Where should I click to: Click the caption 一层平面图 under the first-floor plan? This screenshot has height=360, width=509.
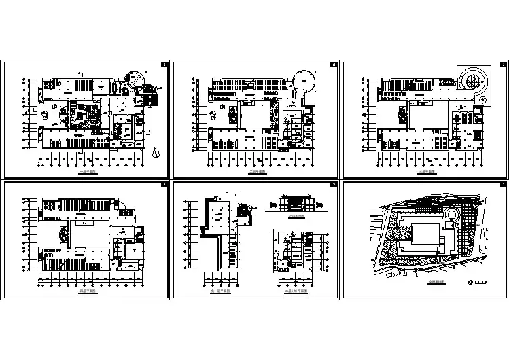tap(87, 173)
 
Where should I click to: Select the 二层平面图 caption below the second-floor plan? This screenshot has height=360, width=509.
tap(257, 173)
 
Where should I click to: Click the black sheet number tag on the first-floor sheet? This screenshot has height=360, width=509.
tap(164, 65)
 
